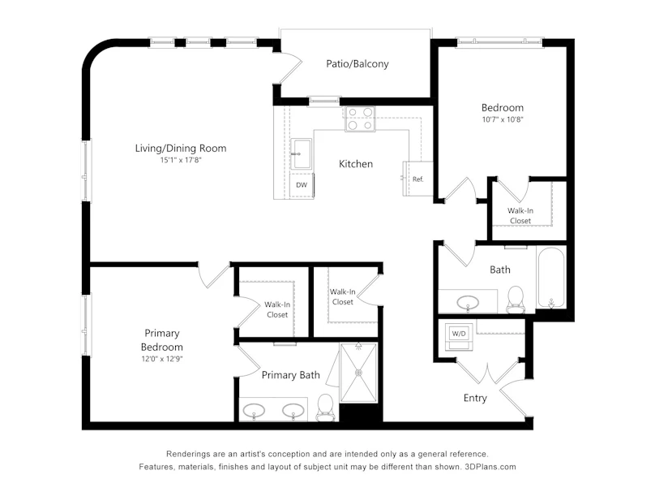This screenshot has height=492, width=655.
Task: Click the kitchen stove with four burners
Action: click(360, 119)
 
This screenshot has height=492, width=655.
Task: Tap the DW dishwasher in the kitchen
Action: click(302, 185)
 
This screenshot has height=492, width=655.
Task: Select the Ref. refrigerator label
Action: click(418, 179)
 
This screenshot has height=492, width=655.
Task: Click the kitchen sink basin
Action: click(301, 153)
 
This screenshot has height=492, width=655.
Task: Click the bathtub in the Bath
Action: click(551, 278)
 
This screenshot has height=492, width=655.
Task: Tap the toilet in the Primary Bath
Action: click(325, 408)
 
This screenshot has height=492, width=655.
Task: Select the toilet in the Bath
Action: click(516, 300)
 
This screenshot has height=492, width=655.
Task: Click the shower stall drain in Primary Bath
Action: click(359, 373)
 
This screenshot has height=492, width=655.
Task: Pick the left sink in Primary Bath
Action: click(254, 410)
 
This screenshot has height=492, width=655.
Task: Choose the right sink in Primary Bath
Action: click(293, 410)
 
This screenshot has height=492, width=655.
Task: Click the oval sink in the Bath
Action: click(468, 302)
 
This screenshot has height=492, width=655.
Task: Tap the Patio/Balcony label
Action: click(357, 63)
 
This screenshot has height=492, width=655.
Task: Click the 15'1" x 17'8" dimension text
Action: click(181, 160)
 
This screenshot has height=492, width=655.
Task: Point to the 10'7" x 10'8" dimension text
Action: click(503, 119)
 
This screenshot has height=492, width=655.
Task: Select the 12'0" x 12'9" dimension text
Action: click(162, 359)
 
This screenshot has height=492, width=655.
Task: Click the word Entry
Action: click(475, 398)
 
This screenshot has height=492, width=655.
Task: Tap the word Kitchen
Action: click(356, 164)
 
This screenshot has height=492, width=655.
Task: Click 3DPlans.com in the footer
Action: click(490, 467)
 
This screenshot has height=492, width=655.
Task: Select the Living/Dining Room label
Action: click(181, 148)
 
